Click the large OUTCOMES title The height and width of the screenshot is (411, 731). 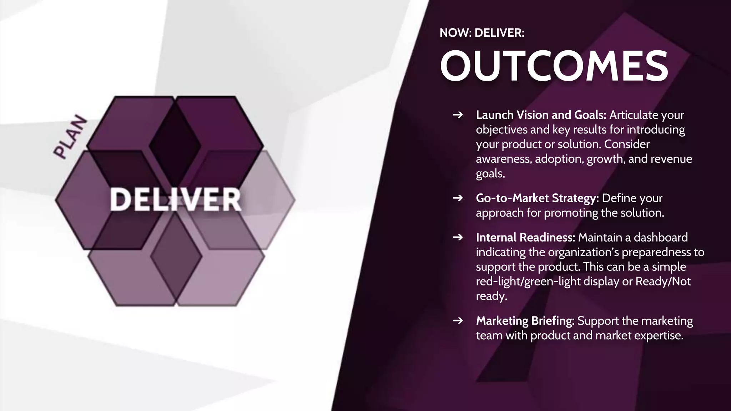[554, 66]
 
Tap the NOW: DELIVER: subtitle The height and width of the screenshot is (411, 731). [482, 33]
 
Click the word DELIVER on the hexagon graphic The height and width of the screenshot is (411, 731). [176, 200]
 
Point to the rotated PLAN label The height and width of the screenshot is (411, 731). [70, 137]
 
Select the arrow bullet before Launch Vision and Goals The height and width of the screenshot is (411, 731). [458, 115]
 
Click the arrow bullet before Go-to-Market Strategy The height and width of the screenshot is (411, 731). [458, 198]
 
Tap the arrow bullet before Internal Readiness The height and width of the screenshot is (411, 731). [458, 237]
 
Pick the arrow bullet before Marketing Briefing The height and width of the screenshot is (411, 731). [458, 321]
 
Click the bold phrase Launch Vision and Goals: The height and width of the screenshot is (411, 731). [541, 115]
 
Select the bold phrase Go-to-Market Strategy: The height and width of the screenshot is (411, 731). [537, 198]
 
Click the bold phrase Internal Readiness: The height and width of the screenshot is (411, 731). [525, 237]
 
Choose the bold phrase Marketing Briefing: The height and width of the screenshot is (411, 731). [525, 321]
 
